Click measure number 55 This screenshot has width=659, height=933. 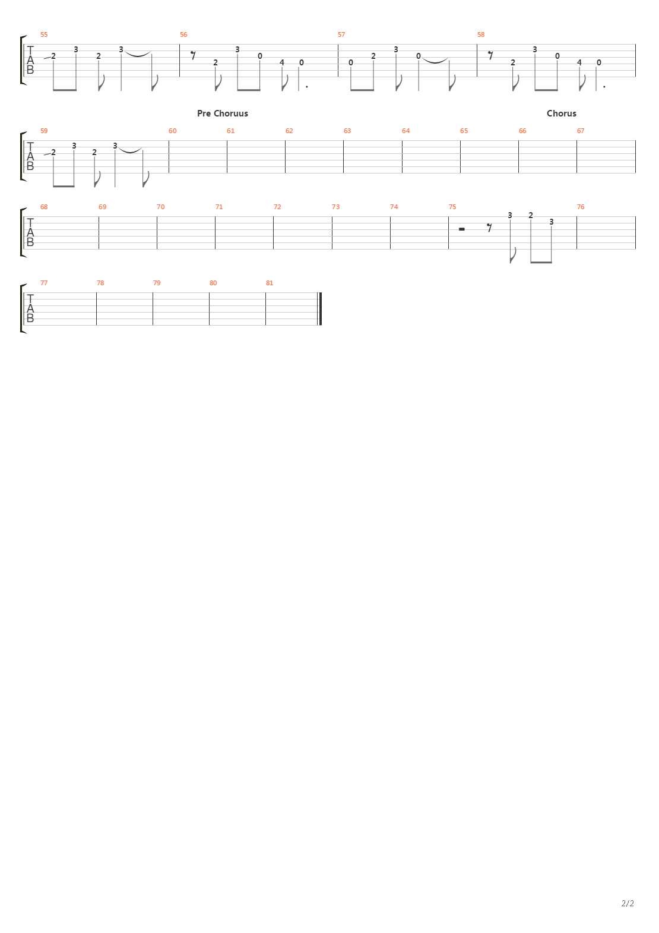(x=43, y=34)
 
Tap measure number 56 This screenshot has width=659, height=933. (x=183, y=34)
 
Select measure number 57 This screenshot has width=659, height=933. (x=341, y=34)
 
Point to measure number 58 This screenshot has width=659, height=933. (x=481, y=34)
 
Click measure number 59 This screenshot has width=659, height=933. (x=43, y=131)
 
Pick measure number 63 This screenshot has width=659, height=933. (x=347, y=131)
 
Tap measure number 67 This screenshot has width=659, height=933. (x=581, y=131)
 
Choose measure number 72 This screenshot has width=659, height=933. (x=277, y=207)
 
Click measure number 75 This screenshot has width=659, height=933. (x=452, y=207)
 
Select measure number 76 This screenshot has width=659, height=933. (x=581, y=207)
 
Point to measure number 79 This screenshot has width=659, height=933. (x=157, y=283)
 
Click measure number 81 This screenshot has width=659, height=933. (x=270, y=283)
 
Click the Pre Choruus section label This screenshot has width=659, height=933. (x=222, y=113)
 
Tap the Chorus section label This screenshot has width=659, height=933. (x=561, y=113)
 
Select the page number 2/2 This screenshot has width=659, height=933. (x=628, y=903)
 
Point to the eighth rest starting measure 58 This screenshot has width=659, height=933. (x=490, y=55)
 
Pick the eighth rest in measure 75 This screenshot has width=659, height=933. (x=489, y=227)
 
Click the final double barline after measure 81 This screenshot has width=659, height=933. (x=321, y=309)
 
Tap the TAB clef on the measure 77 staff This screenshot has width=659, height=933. (x=30, y=309)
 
